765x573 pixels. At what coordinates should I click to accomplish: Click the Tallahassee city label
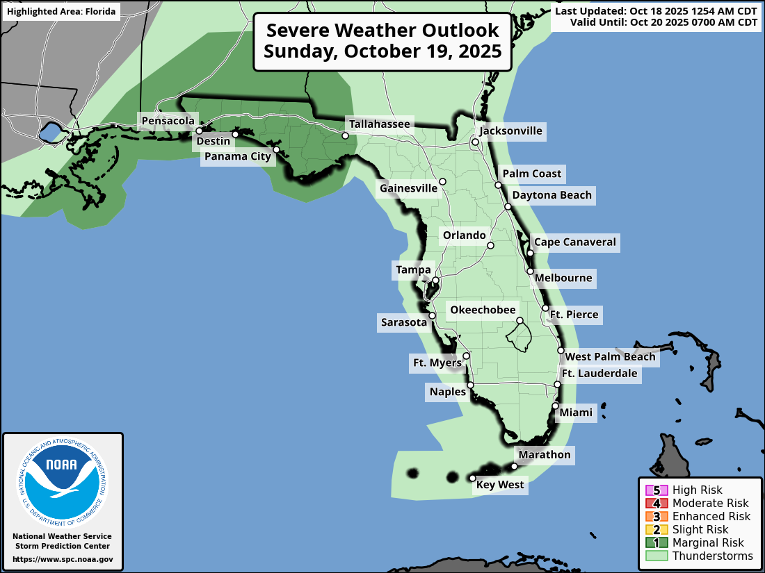380,124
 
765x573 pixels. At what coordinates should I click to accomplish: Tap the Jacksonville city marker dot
475,142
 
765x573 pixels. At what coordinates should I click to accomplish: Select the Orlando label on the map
465,235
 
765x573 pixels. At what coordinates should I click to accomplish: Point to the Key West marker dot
472,478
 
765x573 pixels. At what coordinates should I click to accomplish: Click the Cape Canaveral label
574,242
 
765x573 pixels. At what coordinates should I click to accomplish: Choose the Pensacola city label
168,122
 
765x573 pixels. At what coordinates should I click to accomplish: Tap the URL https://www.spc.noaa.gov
63,559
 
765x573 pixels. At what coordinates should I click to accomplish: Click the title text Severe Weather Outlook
382,31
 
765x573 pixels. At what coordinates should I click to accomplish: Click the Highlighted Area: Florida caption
61,12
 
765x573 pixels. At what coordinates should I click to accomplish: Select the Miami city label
577,413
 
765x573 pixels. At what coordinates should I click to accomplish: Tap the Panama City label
237,156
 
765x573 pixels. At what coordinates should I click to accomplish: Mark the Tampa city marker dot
435,281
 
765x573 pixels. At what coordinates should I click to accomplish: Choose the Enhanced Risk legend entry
711,516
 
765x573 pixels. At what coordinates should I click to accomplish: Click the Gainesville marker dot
442,181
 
